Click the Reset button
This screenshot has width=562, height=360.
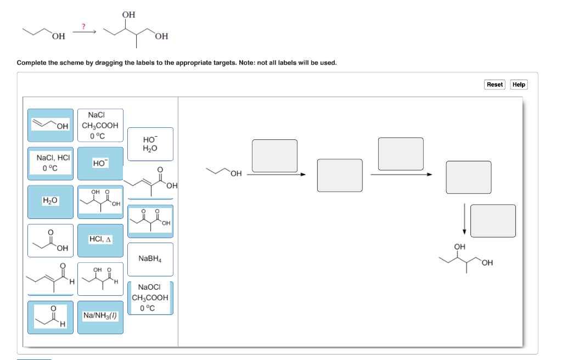click(494, 84)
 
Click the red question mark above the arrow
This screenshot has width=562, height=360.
click(83, 26)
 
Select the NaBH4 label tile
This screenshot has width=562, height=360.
click(150, 259)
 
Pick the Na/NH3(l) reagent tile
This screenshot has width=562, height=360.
click(100, 316)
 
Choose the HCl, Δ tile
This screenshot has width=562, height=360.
click(100, 240)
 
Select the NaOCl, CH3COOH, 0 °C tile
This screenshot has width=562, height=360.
click(150, 297)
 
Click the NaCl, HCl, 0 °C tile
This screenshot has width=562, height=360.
click(50, 163)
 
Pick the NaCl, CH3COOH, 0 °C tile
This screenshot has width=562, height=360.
click(100, 125)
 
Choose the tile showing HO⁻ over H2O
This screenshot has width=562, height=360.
click(150, 144)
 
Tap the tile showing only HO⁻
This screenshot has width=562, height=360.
click(100, 163)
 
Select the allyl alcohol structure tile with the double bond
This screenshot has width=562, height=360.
click(50, 125)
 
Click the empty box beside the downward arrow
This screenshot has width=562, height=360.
click(493, 221)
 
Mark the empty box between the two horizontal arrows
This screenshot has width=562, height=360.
click(340, 175)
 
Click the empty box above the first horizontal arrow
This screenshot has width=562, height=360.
click(274, 155)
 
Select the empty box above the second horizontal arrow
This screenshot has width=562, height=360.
click(401, 154)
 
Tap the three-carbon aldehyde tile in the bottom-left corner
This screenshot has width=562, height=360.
click(50, 317)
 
